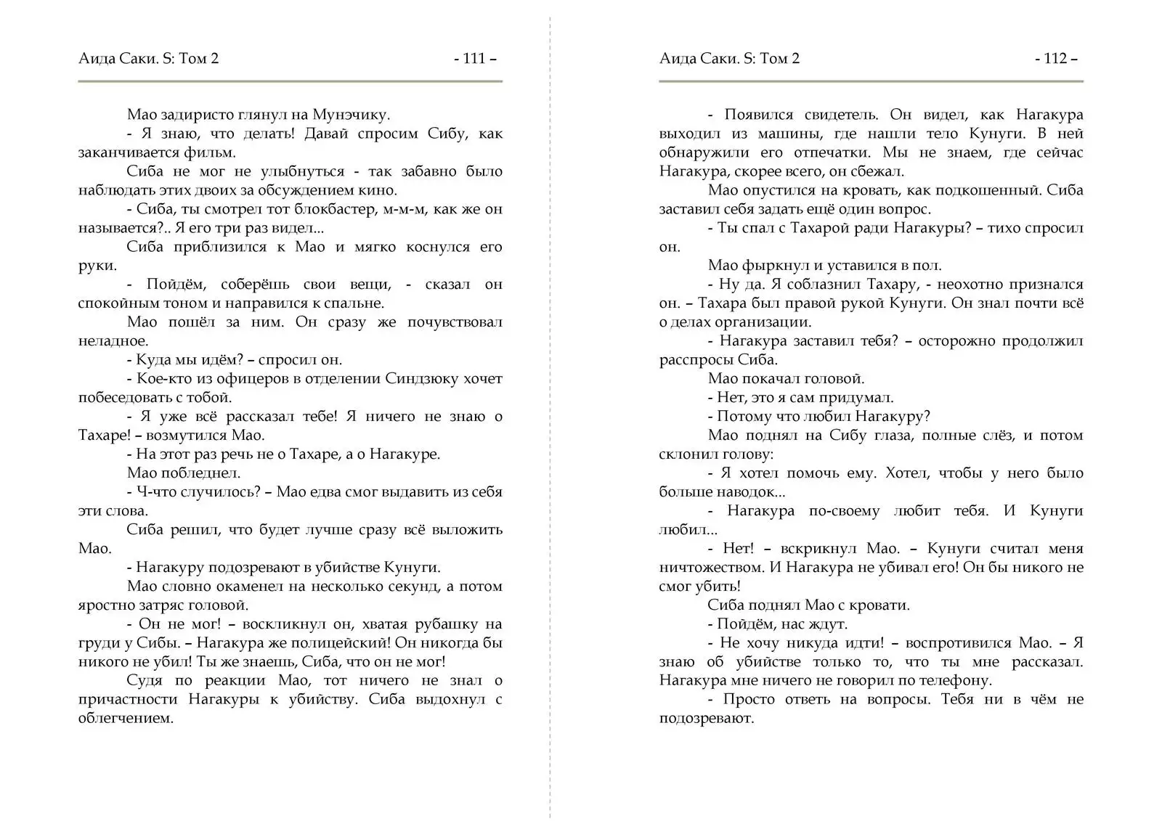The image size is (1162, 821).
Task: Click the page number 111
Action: pos(474,59)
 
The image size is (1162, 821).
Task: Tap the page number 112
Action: pos(1055,59)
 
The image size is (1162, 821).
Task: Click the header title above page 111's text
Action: pos(148,59)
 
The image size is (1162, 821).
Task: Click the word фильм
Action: pos(210,152)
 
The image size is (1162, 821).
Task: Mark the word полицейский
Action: pos(333,643)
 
